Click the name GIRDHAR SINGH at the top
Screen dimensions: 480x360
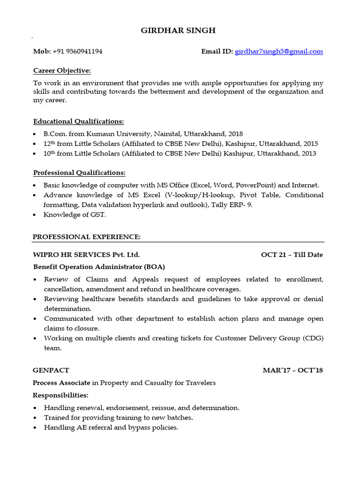tap(179, 30)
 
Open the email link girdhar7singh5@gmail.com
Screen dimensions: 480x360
tap(279, 52)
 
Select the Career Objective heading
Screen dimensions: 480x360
tap(62, 71)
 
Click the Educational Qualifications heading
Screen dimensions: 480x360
tap(78, 121)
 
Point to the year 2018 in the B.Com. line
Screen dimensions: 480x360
tap(235, 134)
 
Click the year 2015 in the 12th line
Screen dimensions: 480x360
tap(310, 143)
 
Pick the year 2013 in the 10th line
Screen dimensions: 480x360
tap(308, 153)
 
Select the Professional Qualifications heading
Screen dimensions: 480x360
tap(79, 172)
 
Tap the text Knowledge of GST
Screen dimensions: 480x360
tap(75, 215)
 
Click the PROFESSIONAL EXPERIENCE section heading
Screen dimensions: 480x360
tap(86, 237)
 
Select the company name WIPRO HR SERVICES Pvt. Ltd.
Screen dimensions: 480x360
tap(86, 255)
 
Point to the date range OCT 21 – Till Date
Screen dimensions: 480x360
tap(292, 255)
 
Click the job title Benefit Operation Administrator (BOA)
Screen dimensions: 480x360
tap(99, 267)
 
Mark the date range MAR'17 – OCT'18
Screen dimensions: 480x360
tap(292, 370)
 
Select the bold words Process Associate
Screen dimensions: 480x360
tap(61, 383)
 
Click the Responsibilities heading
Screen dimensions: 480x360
tap(60, 396)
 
